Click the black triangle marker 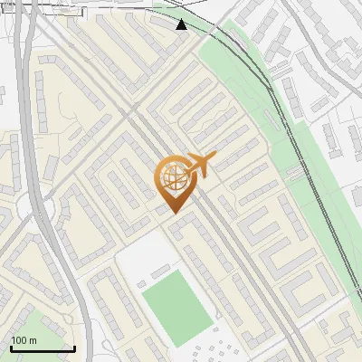click(x=182, y=24)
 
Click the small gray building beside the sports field click(x=160, y=271)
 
